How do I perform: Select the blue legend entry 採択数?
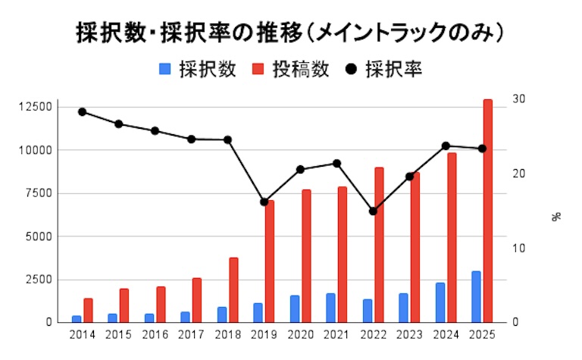198,69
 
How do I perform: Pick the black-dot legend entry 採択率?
383,69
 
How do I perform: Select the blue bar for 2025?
476,296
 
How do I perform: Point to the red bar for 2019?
270,261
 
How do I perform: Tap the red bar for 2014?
88,310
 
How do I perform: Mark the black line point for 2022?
373,211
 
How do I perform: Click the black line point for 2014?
82,112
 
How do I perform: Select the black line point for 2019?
264,202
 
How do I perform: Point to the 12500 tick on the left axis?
36,108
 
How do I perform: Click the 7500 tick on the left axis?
39,193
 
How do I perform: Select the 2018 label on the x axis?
227,335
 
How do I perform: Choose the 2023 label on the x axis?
409,335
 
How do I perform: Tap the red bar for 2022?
379,245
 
